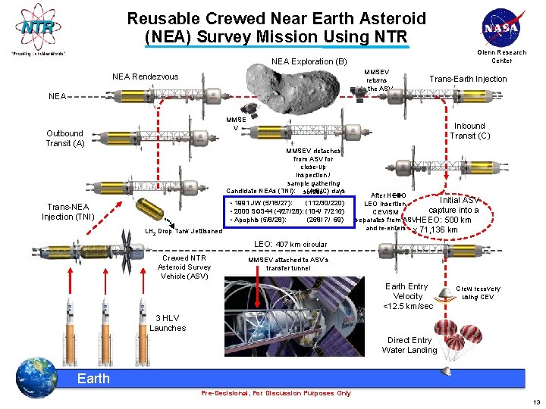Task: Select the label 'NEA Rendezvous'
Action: [145, 76]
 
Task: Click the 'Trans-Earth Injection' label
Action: [468, 79]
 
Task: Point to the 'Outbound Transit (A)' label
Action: [64, 138]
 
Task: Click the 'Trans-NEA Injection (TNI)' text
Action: [67, 212]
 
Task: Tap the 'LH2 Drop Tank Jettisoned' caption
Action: [184, 231]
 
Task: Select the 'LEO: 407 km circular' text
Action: [291, 245]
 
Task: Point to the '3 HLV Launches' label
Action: [168, 323]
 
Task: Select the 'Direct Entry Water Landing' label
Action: [409, 345]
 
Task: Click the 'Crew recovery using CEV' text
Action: [478, 292]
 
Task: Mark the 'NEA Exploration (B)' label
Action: [309, 61]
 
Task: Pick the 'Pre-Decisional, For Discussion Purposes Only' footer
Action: [276, 393]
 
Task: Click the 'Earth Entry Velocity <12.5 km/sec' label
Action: [408, 296]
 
